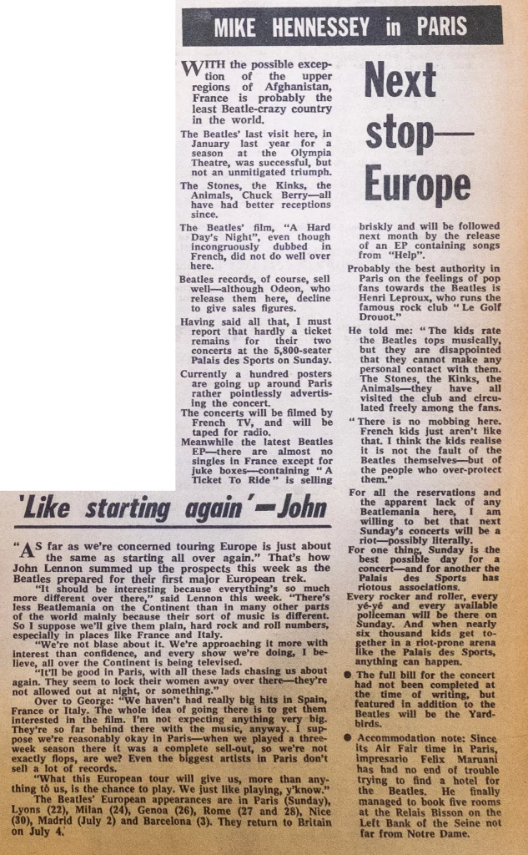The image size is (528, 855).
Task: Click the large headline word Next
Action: click(400, 81)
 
